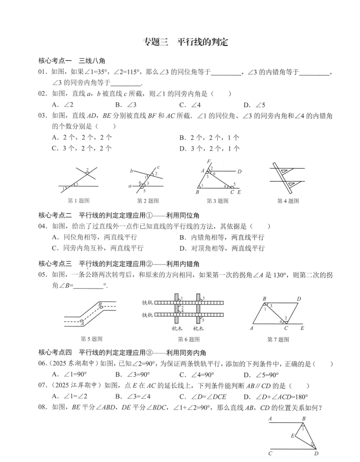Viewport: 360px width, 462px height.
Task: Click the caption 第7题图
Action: (x=278, y=340)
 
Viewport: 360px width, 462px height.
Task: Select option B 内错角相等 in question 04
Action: (x=222, y=237)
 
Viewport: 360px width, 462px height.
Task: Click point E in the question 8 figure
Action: (x=292, y=436)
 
